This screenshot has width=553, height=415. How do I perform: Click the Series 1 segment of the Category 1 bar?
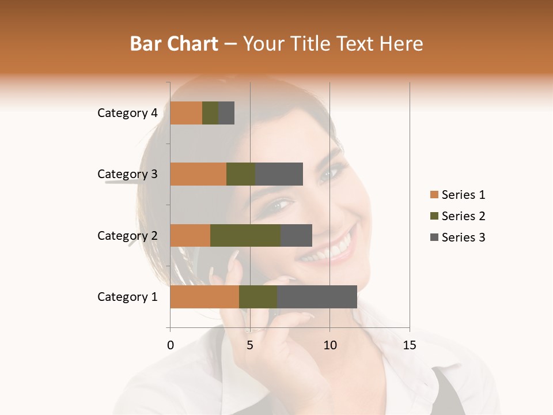click(204, 297)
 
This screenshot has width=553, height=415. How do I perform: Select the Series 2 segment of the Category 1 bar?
click(258, 297)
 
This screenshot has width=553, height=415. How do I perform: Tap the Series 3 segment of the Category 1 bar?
click(317, 297)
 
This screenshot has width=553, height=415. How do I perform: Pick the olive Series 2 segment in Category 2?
click(245, 235)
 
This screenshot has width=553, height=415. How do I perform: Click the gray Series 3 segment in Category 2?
click(296, 235)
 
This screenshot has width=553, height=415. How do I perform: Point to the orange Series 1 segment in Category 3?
click(198, 174)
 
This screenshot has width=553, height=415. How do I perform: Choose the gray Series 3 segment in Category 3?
click(279, 174)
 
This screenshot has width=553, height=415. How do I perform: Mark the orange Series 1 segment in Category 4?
click(186, 113)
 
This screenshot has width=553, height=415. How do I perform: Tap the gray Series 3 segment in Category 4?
click(226, 113)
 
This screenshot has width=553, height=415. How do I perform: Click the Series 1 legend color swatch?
click(434, 195)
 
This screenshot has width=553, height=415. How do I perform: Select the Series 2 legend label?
click(463, 216)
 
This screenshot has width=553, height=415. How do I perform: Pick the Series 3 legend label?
click(463, 237)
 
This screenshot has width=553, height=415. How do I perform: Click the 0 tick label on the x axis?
click(171, 345)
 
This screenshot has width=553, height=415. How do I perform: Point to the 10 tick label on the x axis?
click(329, 345)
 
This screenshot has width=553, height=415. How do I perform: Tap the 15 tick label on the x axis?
click(409, 345)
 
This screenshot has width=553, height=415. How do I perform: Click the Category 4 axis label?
click(127, 113)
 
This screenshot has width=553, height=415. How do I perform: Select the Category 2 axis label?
click(127, 235)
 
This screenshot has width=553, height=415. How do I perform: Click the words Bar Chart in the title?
click(174, 44)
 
